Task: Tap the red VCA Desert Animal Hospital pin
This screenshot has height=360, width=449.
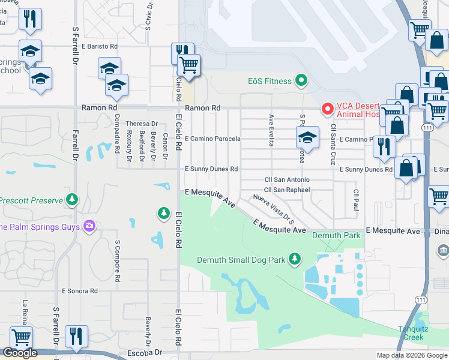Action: click(328, 109)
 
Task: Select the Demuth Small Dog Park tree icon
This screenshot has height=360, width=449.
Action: click(294, 259)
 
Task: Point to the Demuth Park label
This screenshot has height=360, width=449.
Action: click(336, 236)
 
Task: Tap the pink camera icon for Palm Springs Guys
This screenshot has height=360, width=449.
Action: click(89, 226)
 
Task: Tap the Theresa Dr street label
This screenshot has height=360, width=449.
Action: click(142, 124)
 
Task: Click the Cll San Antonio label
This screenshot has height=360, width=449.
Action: click(287, 180)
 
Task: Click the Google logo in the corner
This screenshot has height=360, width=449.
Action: click(20, 353)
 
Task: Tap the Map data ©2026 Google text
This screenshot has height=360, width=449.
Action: click(412, 355)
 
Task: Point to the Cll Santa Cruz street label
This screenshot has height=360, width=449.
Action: click(332, 144)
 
